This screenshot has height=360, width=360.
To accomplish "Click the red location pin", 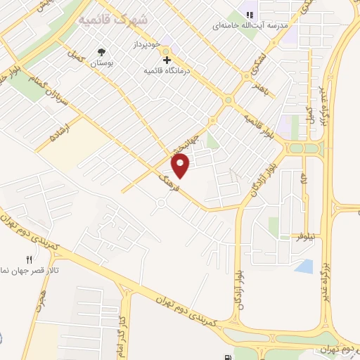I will click(x=181, y=165).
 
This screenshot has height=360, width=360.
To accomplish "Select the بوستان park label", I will click(x=103, y=62).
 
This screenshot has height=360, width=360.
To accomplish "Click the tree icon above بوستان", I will click(x=103, y=51).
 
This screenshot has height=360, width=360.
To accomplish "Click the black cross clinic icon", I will click(x=167, y=60).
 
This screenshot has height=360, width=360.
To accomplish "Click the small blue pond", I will click(x=304, y=266).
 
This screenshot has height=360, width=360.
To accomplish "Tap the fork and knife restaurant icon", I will click(x=29, y=259).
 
